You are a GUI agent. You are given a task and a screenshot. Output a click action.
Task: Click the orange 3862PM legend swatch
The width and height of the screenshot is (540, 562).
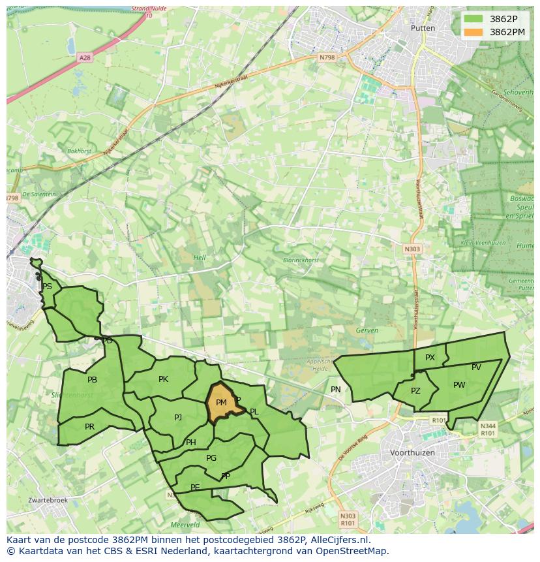pyautogui.click(x=474, y=32)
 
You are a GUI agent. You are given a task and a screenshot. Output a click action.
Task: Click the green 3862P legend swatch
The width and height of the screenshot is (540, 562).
pyautogui.click(x=474, y=19)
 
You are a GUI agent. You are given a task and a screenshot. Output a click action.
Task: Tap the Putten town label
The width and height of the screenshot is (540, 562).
pyautogui.click(x=423, y=28)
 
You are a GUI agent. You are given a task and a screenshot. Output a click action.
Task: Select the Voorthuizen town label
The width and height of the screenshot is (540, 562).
pyautogui.click(x=412, y=452)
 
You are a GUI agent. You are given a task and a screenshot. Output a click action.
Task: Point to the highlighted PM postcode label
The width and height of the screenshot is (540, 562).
pyautogui.click(x=221, y=403)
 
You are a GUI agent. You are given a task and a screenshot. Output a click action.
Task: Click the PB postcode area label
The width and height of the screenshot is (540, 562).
pyautogui.click(x=92, y=380)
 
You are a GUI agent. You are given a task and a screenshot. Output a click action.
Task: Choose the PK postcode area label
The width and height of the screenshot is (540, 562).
pyautogui.click(x=163, y=379)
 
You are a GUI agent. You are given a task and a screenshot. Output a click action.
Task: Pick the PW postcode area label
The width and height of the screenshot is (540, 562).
pyautogui.click(x=459, y=385)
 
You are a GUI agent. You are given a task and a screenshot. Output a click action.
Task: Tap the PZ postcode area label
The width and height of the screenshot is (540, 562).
pyautogui.click(x=415, y=391)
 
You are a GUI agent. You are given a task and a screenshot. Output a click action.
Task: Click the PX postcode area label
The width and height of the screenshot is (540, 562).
pyautogui.click(x=430, y=358)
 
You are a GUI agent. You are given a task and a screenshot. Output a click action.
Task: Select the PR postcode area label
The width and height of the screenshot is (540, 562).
pyautogui.click(x=89, y=427)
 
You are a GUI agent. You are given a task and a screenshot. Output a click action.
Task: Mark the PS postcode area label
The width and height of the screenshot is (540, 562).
pyautogui.click(x=47, y=287)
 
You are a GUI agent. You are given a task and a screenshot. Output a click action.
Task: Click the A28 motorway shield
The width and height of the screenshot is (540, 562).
pyautogui.click(x=85, y=57)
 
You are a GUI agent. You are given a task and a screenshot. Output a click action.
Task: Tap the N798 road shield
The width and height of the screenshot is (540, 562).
pyautogui.click(x=327, y=57)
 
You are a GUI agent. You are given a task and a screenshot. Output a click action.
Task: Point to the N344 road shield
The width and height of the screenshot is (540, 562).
pyautogui.click(x=487, y=429)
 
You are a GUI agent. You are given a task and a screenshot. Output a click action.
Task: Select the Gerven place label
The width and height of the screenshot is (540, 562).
pyautogui.click(x=367, y=330)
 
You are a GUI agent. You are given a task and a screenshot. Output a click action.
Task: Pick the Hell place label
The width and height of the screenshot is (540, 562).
pyautogui.click(x=200, y=258)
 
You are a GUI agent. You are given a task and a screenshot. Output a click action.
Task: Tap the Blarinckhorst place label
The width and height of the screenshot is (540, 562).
pyautogui.click(x=301, y=260)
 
